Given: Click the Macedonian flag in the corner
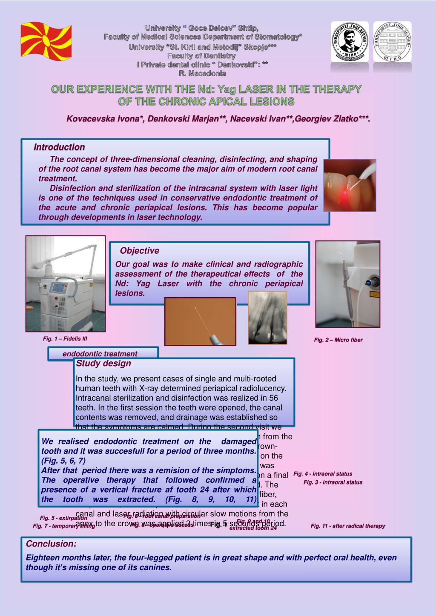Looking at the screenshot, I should (46, 40).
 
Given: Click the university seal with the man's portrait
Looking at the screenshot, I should (350, 42).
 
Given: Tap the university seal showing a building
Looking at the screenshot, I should (392, 42).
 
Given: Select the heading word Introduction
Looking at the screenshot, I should (59, 147).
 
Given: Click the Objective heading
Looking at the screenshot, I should (139, 251).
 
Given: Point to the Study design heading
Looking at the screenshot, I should (103, 364).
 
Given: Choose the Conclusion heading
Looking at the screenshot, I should (52, 544).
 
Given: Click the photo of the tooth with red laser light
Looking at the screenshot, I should (350, 185).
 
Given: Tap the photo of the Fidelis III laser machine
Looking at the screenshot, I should (65, 283).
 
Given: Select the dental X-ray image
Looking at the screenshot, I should (267, 317).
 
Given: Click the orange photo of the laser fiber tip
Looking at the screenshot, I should (200, 321).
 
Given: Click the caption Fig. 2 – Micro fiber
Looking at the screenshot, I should (338, 340).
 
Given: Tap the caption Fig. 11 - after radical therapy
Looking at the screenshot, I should (347, 526).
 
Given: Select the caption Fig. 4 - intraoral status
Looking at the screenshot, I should (323, 474).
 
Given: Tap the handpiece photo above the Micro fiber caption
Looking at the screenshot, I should (347, 284).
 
